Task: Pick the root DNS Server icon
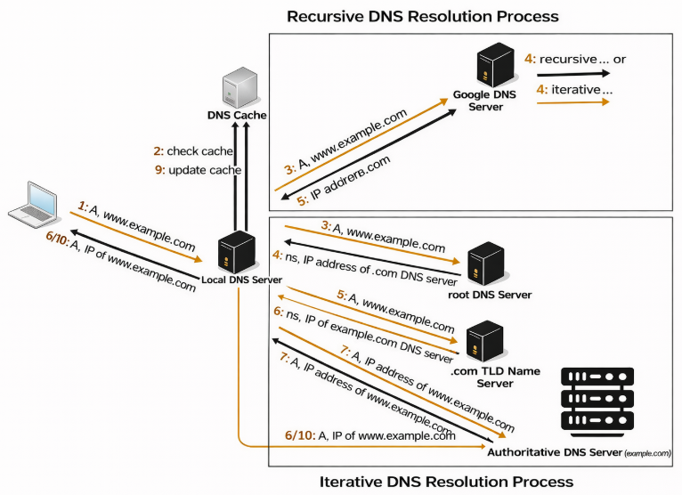point(486,264)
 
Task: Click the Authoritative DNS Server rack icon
point(597,402)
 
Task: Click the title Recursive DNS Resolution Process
point(423,16)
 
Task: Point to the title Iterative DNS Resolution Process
point(446,482)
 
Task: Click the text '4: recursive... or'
point(575,59)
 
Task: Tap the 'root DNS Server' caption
point(491,295)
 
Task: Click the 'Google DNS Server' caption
point(485,100)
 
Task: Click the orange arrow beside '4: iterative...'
point(572,103)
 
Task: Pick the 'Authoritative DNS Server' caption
point(554,453)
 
